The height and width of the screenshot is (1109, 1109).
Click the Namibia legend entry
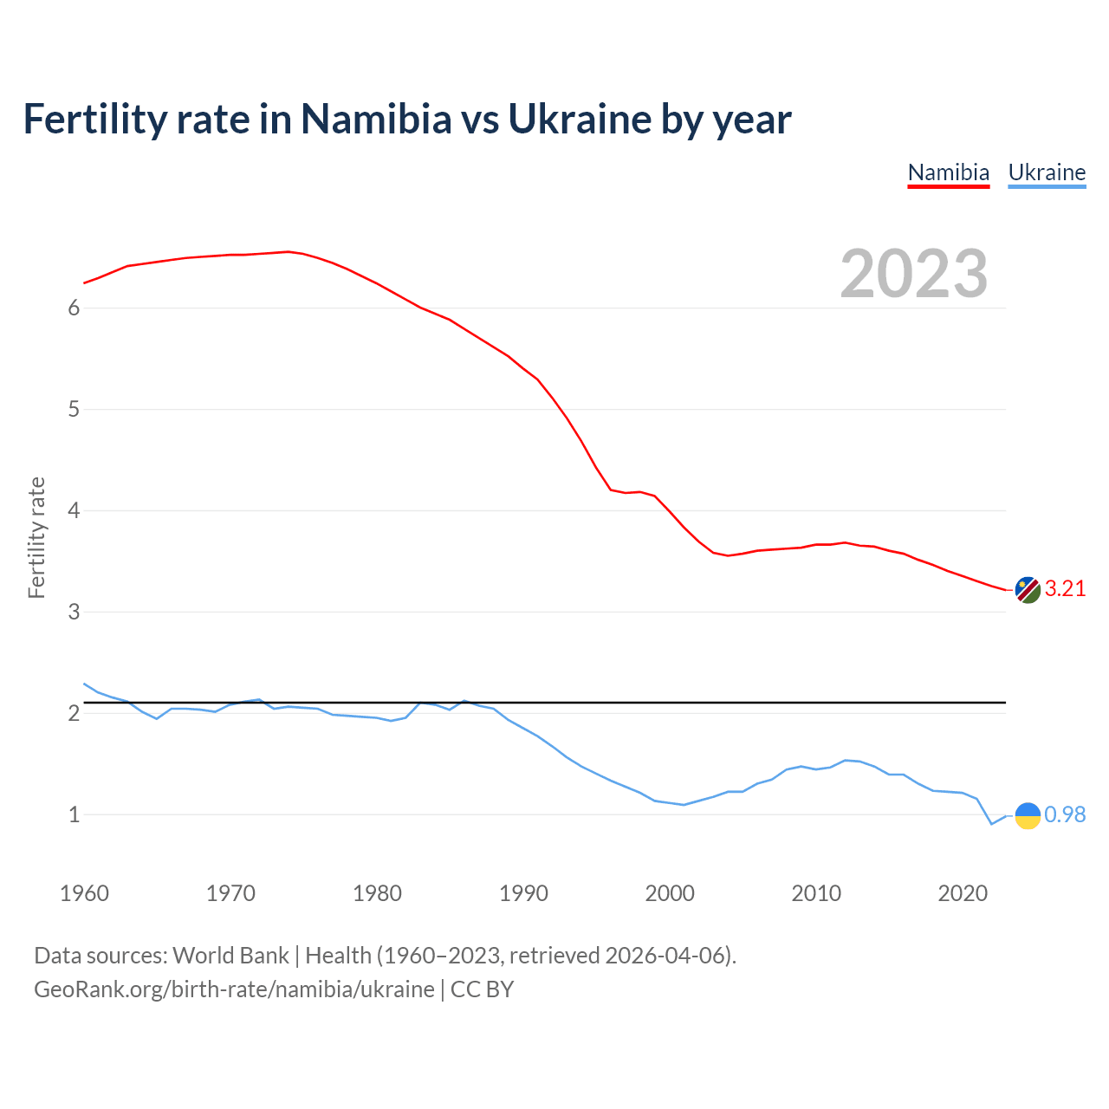(948, 172)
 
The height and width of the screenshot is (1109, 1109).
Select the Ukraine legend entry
(1047, 172)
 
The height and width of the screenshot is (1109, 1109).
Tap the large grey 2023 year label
(913, 274)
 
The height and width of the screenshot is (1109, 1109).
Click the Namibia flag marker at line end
(1028, 590)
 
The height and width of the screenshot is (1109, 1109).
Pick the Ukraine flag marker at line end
(1028, 815)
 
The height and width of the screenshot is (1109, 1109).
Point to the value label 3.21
(1065, 589)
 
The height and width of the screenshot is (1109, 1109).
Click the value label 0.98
(1065, 815)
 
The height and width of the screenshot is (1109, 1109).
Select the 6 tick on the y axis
(74, 308)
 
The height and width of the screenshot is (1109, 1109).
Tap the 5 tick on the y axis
(74, 410)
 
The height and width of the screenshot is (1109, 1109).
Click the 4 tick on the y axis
(74, 511)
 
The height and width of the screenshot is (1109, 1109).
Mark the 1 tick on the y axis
(74, 815)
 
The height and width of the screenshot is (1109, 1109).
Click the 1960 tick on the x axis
(84, 893)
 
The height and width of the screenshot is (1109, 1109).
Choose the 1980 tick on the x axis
(377, 893)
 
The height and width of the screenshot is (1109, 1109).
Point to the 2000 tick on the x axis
(670, 893)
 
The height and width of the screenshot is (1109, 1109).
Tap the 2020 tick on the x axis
(963, 893)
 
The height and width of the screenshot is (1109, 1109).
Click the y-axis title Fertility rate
(36, 537)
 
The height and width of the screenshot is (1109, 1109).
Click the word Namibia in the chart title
(376, 119)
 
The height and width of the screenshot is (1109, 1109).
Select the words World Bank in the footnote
(230, 956)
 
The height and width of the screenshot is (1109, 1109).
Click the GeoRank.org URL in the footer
(234, 989)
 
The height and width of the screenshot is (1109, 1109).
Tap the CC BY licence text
(483, 989)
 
